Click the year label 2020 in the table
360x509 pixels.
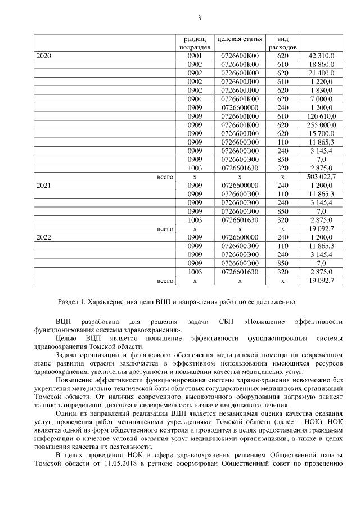44,56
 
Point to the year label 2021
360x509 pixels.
44,184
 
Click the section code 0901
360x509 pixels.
195,56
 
